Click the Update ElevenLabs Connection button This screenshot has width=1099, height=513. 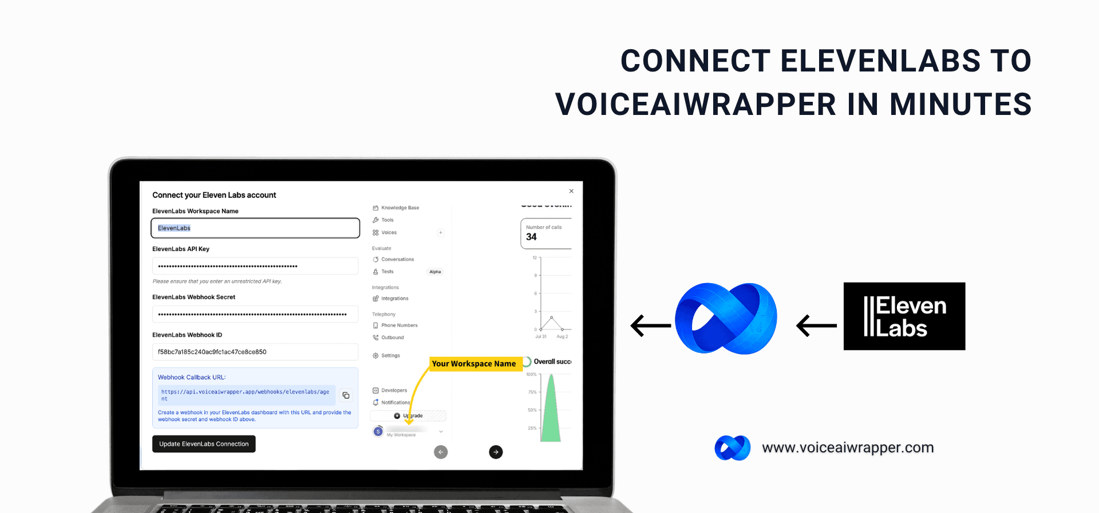coord(204,444)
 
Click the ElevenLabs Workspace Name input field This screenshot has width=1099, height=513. coord(255,228)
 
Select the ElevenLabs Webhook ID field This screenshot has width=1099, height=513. coord(255,352)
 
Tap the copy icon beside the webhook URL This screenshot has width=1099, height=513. coord(346,395)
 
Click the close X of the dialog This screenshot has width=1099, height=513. coord(571,191)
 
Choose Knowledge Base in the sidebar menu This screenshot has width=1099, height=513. coord(400,208)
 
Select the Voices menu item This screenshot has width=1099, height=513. coord(389,233)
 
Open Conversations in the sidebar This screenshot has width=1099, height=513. coord(397,260)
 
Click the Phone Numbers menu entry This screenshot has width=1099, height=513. coord(399,325)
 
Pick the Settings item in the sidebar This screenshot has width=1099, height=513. coord(390,356)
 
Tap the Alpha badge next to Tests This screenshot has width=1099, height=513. coord(435,272)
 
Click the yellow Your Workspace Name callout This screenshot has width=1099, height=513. coord(474,364)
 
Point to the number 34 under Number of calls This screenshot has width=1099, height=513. coord(531,237)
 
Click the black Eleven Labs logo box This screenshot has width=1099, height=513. coord(904,316)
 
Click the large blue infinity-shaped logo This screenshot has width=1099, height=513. coord(726,318)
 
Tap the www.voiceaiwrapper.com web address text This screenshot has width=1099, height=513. coord(848,447)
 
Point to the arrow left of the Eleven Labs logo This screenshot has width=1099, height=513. coord(816,325)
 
